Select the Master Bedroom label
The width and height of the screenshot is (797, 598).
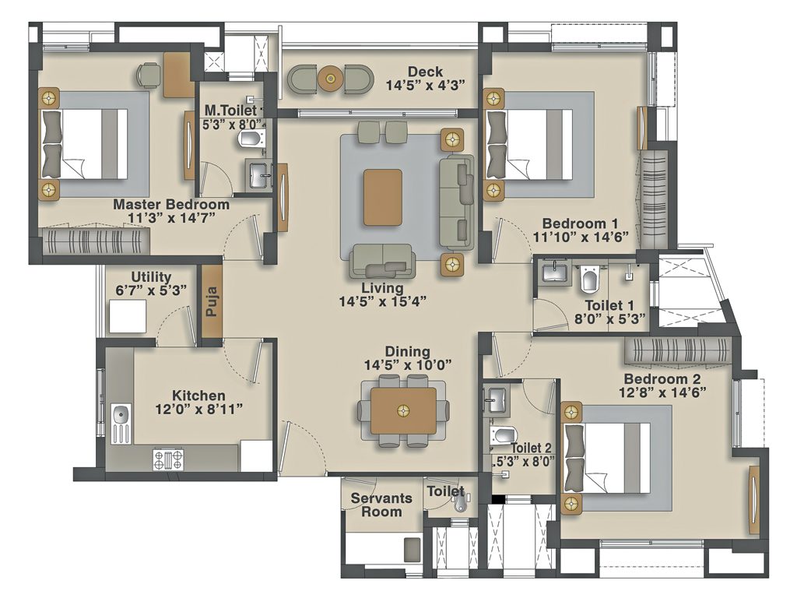pos(171,205)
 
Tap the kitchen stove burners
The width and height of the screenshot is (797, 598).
pos(168,459)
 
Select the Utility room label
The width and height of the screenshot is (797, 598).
pos(151,276)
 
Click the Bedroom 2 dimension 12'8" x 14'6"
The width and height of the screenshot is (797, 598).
pos(663,393)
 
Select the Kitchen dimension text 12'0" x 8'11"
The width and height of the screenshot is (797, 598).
pos(199,410)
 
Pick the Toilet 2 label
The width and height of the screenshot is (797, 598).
pos(532,448)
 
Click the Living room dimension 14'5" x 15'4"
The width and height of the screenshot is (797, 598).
pos(381,301)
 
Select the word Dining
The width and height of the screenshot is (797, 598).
pos(407,352)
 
